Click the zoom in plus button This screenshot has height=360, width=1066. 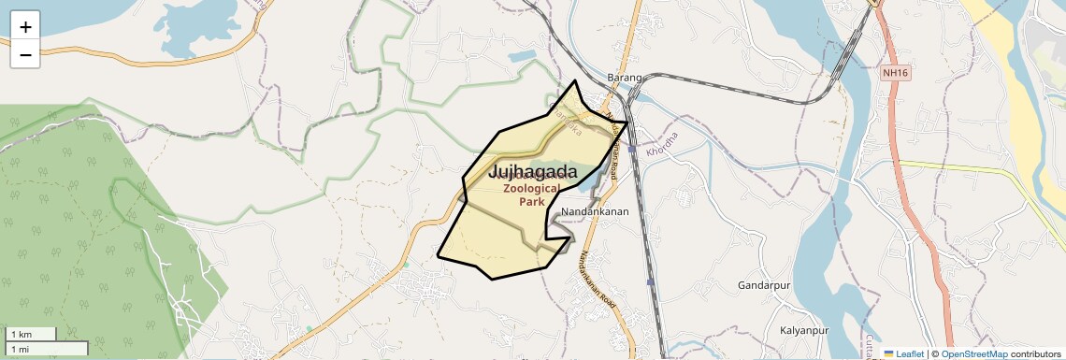[25, 26]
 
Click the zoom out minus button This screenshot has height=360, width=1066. [25, 54]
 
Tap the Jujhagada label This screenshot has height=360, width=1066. [532, 172]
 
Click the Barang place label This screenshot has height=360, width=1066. [625, 77]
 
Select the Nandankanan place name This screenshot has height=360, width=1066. [596, 211]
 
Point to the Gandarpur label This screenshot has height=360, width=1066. [765, 284]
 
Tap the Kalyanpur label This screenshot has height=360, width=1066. [804, 331]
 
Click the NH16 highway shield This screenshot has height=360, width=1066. [895, 72]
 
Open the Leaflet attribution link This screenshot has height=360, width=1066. [910, 353]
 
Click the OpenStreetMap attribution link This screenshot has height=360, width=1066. [974, 353]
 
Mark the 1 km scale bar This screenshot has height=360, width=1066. [31, 334]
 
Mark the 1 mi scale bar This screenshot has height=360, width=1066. [47, 349]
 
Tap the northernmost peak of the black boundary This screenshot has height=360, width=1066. [575, 81]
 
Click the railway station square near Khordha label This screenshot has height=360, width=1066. [633, 149]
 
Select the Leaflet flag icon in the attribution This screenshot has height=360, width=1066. [888, 353]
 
